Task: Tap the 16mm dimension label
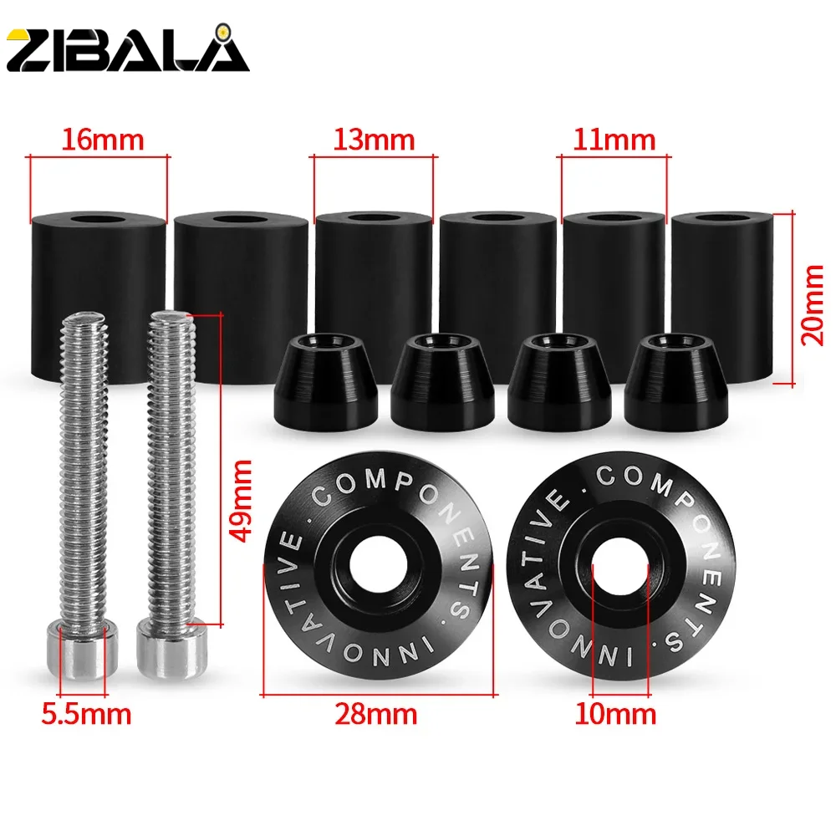click(x=99, y=139)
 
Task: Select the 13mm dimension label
click(x=374, y=139)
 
